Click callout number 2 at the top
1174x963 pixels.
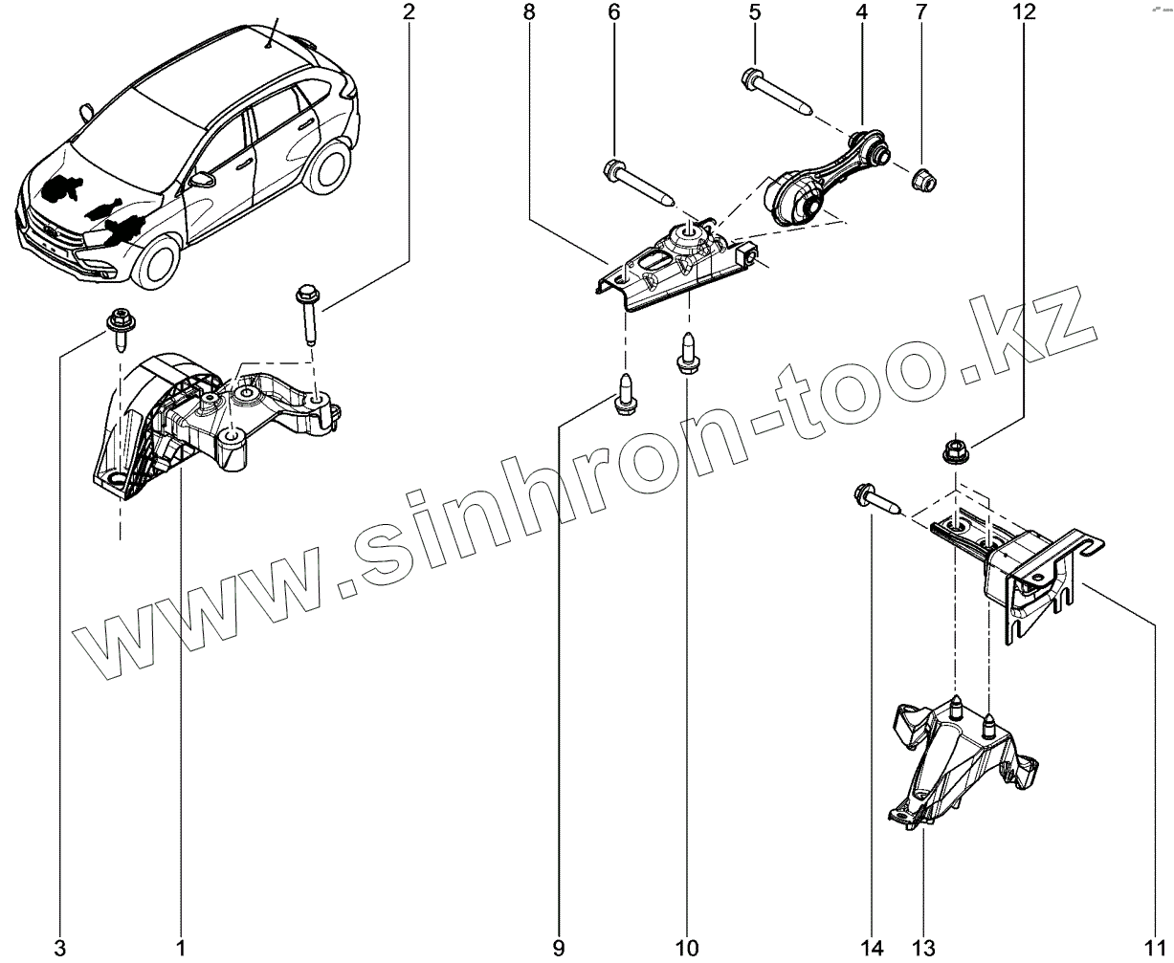(x=409, y=12)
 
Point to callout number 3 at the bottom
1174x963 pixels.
(x=60, y=948)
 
